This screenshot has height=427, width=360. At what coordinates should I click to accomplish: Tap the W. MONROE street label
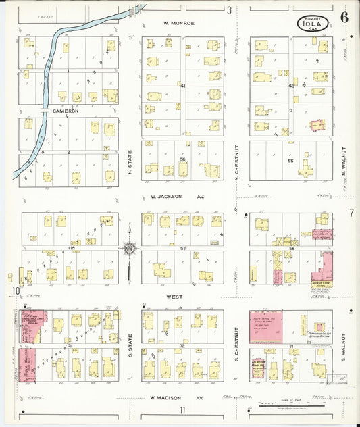(x=179, y=23)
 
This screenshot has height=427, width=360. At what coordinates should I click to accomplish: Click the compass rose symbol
(x=130, y=249)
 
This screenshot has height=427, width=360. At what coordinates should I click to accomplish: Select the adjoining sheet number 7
(x=351, y=214)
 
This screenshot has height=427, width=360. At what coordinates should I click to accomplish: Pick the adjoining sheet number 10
(x=14, y=291)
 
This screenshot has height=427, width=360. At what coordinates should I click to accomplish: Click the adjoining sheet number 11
(x=182, y=410)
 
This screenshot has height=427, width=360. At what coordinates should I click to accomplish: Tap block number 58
(x=292, y=249)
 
